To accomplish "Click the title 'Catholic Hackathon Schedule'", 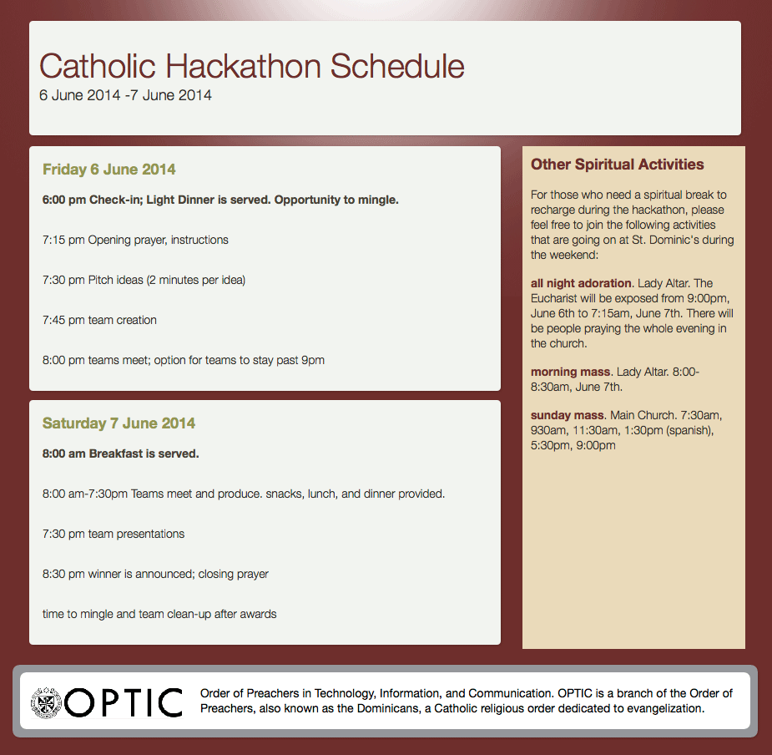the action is tap(251, 66).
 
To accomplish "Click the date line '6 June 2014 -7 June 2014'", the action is tap(125, 95).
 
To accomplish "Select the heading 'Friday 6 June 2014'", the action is tap(108, 170).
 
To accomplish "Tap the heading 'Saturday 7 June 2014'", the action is tap(119, 423).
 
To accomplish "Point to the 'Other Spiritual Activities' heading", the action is tap(618, 165).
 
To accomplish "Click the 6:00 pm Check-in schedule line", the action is tap(220, 200).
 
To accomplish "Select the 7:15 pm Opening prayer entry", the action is tap(135, 240).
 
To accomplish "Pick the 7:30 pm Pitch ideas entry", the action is tap(144, 280).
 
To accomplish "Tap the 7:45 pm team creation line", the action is tap(99, 320).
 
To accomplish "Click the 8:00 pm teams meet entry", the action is tap(183, 360).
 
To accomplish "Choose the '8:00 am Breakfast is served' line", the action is tap(121, 454).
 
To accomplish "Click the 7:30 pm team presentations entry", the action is tap(114, 534).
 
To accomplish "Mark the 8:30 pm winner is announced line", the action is tap(155, 574).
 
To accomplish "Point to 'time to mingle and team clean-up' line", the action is tap(159, 614).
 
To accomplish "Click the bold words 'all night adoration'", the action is tap(581, 283).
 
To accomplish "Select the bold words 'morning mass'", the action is tap(570, 372).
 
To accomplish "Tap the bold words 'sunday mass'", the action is tap(568, 415).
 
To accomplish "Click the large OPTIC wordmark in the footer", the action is tap(123, 702).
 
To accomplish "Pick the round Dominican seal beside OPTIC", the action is tap(46, 702).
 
